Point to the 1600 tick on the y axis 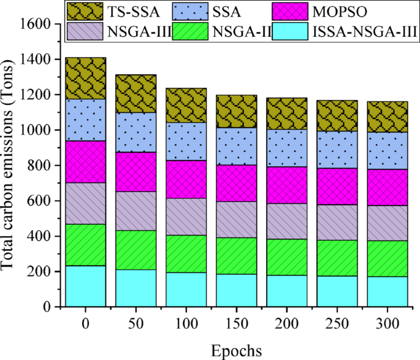pyautogui.click(x=42, y=24)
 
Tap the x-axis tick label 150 pyautogui.click(x=236, y=323)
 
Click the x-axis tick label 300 pyautogui.click(x=388, y=323)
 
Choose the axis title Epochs pyautogui.click(x=236, y=350)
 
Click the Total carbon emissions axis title pyautogui.click(x=10, y=166)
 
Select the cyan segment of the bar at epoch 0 pyautogui.click(x=85, y=286)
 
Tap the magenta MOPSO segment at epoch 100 pyautogui.click(x=186, y=179)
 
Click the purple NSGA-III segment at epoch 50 pyautogui.click(x=136, y=210)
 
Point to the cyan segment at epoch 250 pyautogui.click(x=337, y=291)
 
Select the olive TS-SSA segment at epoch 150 pyautogui.click(x=236, y=111)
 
